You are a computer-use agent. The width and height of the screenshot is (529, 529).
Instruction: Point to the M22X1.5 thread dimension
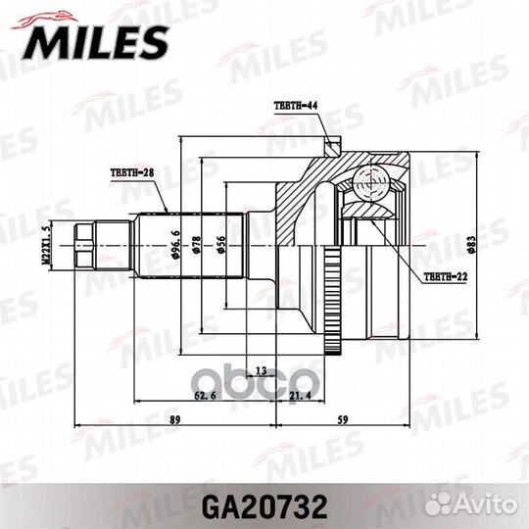(x=44, y=243)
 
